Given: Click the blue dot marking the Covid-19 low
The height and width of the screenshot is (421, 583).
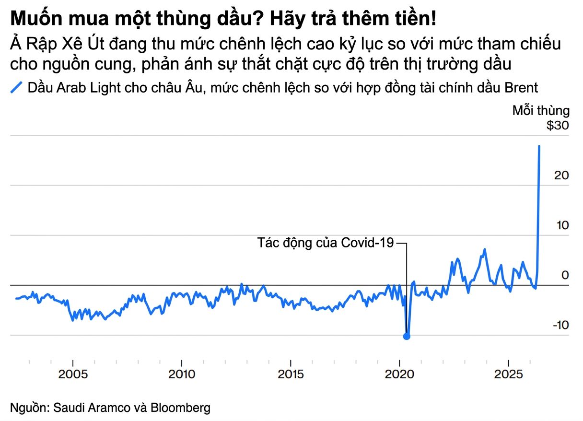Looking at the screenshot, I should pos(407,336).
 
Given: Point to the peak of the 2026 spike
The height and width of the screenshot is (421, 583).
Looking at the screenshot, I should pos(539,146).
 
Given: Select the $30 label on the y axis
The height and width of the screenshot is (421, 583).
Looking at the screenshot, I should pos(558,126).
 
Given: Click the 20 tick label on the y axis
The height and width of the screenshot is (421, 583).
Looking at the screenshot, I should pos(561,175).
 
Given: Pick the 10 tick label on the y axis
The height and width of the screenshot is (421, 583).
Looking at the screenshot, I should pos(561,225).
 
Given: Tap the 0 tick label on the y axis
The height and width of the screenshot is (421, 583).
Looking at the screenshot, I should pos(565,275).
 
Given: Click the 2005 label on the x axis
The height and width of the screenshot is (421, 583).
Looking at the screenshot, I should pos(73,374).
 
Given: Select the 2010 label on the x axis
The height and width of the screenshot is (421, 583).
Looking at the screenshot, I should pos(182,374).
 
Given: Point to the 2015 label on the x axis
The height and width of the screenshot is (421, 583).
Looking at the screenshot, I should pos(291,374).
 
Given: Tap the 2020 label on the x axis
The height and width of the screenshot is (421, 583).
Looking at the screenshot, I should pos(399,374).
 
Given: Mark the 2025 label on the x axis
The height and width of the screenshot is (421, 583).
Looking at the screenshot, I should pos(508,374).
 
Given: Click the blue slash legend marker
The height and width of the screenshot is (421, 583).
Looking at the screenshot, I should pos(17,88).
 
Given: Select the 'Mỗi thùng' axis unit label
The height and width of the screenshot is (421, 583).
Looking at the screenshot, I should pos(541,111).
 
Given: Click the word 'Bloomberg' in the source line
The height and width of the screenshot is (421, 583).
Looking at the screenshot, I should pos(181,408).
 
